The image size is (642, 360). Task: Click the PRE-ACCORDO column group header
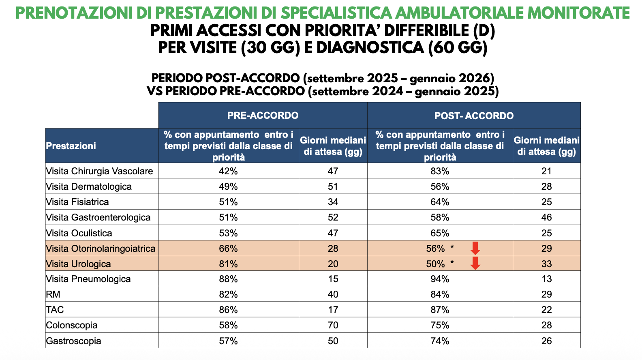click(263, 116)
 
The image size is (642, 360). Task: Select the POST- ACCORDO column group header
click(474, 116)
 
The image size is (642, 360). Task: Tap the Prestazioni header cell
click(71, 146)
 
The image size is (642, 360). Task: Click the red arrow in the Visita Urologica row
click(475, 263)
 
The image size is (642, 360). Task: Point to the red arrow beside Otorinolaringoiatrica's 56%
click(475, 248)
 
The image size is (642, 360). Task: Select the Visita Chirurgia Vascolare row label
click(99, 171)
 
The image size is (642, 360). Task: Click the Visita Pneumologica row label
click(88, 279)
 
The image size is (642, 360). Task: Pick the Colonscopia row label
click(72, 325)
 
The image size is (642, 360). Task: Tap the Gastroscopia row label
click(73, 341)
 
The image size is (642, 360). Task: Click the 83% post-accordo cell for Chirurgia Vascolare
click(440, 171)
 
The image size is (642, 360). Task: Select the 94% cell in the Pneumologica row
click(440, 279)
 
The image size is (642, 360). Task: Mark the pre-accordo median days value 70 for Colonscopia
click(333, 325)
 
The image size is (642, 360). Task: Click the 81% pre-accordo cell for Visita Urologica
click(228, 264)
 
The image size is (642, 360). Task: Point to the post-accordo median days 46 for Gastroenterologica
click(546, 217)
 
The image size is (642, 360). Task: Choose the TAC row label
click(55, 310)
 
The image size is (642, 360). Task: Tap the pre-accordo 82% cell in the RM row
click(228, 294)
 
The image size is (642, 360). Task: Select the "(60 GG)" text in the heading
click(458, 47)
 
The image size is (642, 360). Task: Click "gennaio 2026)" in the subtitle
click(452, 79)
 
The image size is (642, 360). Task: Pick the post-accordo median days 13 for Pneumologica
click(546, 279)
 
